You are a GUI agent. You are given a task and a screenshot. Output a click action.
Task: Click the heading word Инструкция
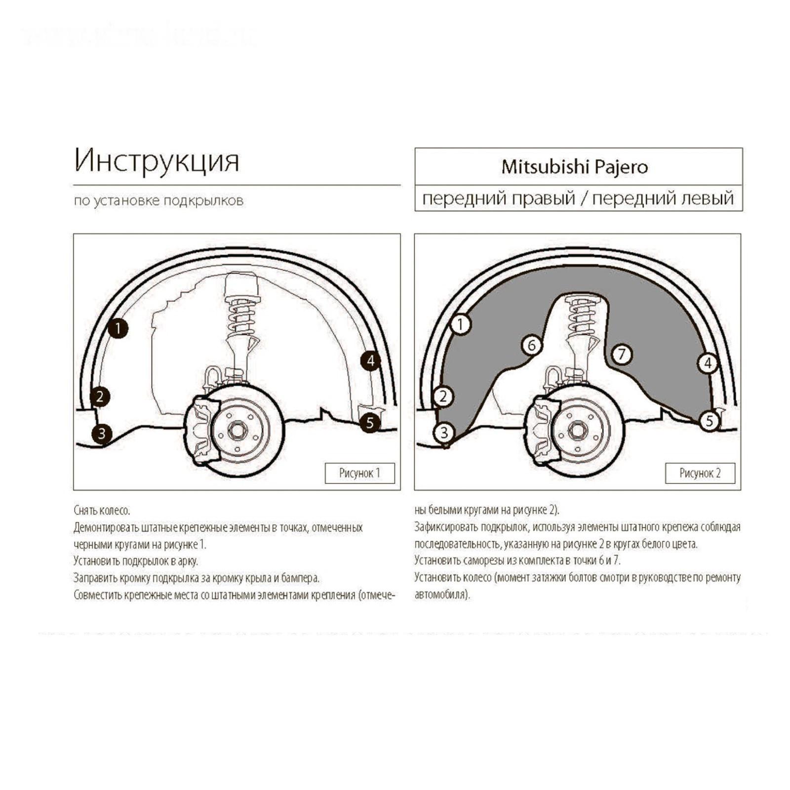click(157, 160)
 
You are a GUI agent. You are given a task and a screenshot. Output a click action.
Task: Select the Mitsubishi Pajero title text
click(574, 167)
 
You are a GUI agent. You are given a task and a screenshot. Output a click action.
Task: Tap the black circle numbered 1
click(118, 328)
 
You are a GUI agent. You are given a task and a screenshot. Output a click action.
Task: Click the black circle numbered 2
click(100, 396)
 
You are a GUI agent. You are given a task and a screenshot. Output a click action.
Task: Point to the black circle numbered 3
click(102, 434)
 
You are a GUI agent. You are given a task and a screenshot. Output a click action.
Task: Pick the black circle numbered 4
click(370, 361)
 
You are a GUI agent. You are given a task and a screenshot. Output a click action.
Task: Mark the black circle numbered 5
click(370, 423)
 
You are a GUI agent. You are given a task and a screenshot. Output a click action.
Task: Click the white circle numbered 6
click(532, 345)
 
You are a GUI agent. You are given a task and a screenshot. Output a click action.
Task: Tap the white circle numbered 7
click(622, 354)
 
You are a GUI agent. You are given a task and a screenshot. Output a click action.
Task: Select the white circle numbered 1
click(461, 324)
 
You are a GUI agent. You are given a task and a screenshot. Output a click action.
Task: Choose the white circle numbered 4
click(708, 363)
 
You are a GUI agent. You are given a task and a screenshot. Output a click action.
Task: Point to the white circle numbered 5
click(710, 421)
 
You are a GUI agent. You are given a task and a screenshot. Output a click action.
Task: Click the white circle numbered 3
click(444, 433)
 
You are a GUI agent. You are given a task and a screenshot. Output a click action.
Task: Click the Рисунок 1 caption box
click(359, 473)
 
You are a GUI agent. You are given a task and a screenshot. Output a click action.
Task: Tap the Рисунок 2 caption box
click(700, 473)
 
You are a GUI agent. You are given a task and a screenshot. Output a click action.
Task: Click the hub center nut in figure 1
click(237, 431)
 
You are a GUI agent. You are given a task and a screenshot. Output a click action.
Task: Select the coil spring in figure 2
click(583, 316)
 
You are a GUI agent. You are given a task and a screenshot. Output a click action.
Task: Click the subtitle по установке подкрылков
click(158, 201)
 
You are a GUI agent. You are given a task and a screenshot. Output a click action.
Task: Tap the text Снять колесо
click(102, 510)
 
